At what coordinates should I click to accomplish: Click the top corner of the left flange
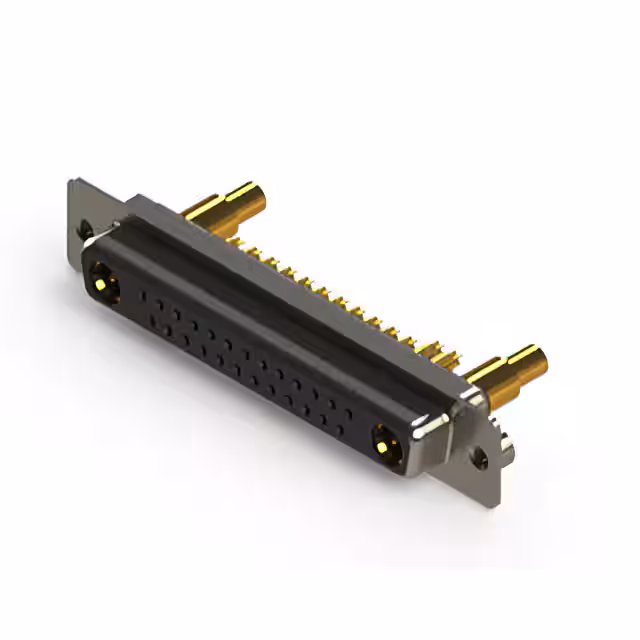click(73, 182)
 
